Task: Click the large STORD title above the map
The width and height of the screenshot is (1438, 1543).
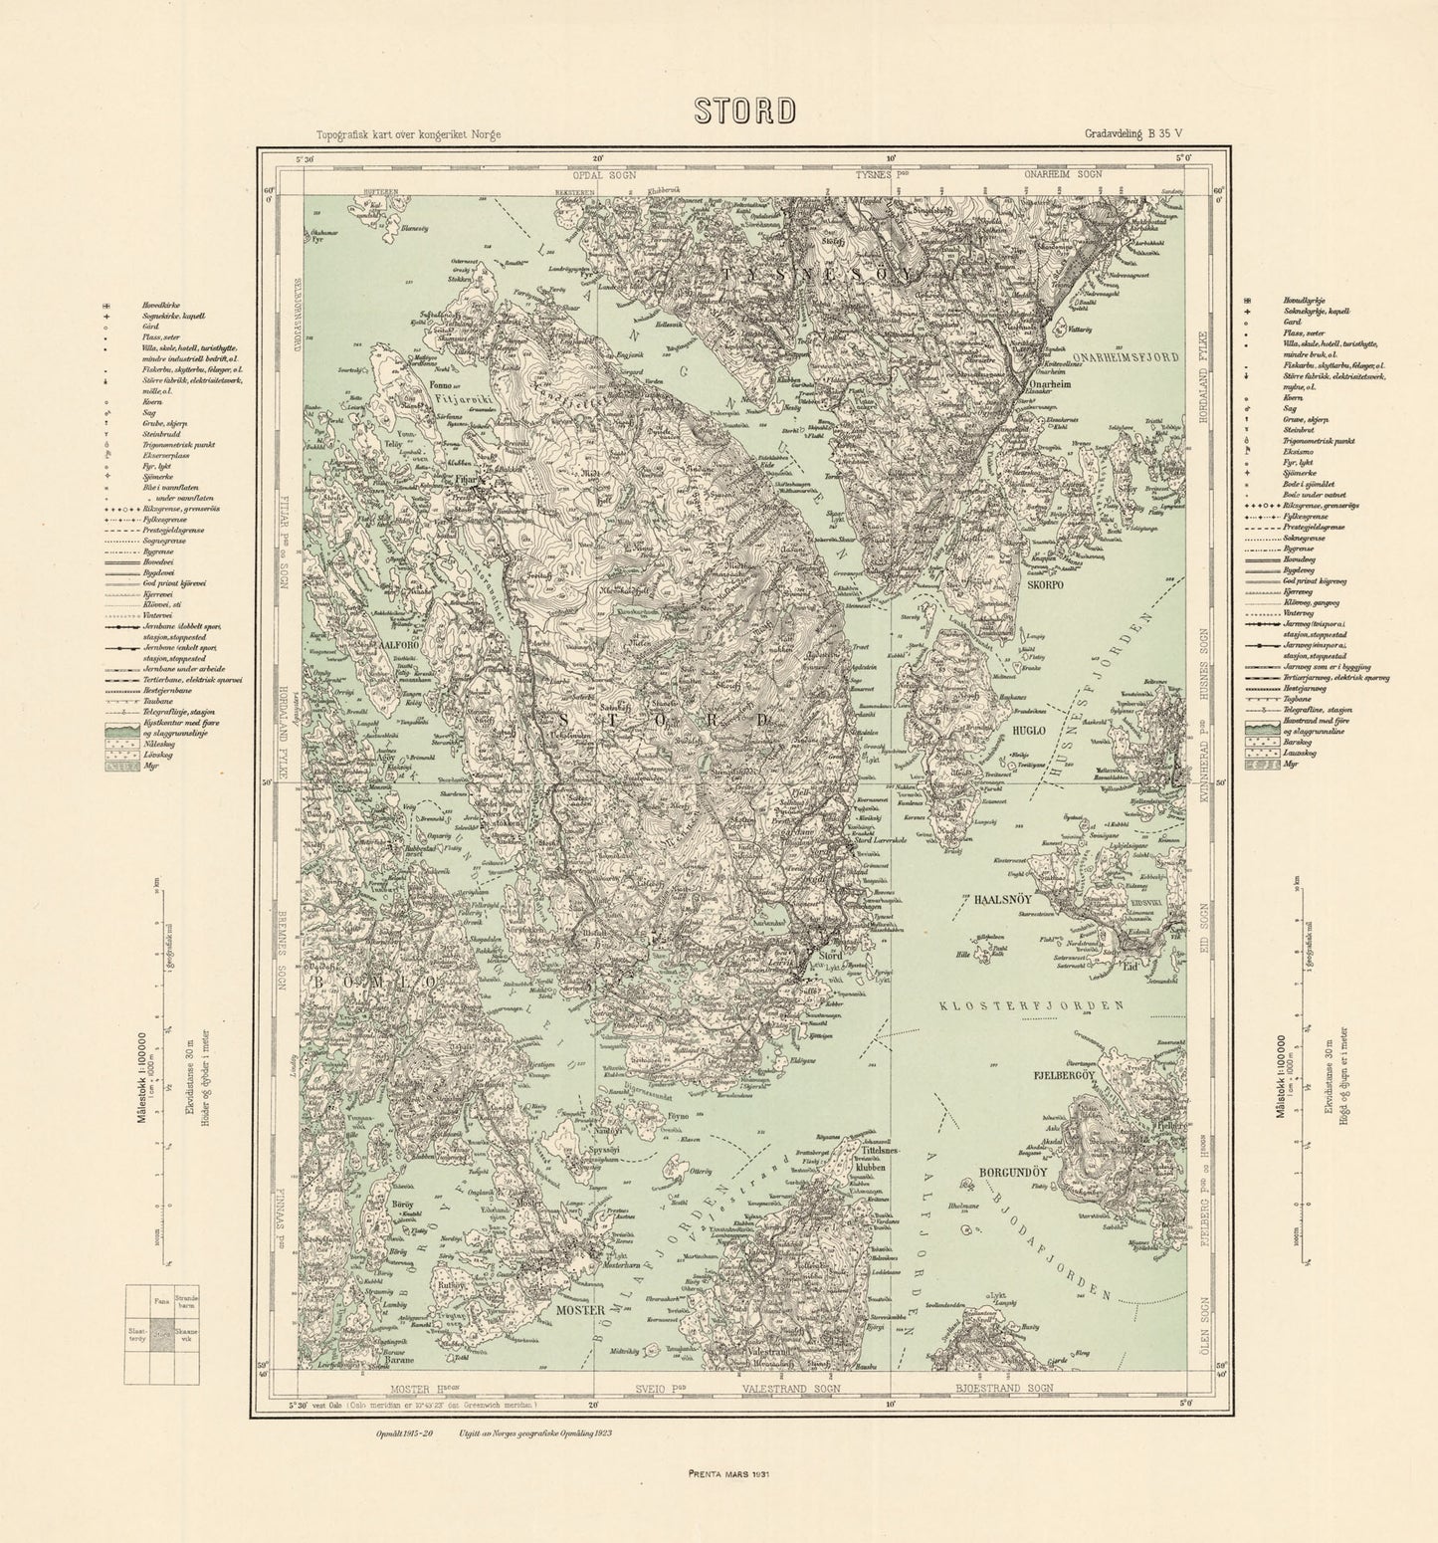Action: point(745,110)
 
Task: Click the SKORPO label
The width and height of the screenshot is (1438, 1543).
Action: point(1046,585)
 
